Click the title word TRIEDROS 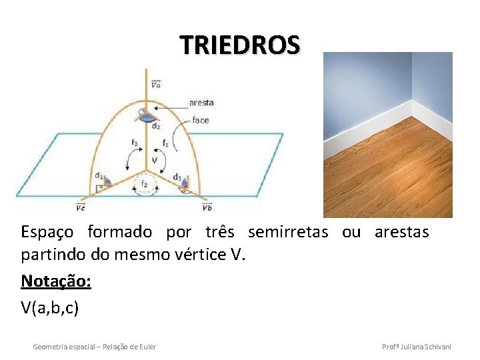[240, 45]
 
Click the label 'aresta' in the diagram [201, 103]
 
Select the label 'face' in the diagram [200, 120]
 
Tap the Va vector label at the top [155, 84]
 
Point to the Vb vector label [208, 207]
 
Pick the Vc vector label [80, 207]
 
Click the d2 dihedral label [155, 126]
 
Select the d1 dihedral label [98, 176]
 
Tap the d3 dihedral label [177, 177]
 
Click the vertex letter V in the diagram [154, 161]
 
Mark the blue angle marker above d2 [145, 115]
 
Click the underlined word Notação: [56, 281]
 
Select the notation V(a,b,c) [50, 307]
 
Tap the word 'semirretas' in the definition [287, 232]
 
